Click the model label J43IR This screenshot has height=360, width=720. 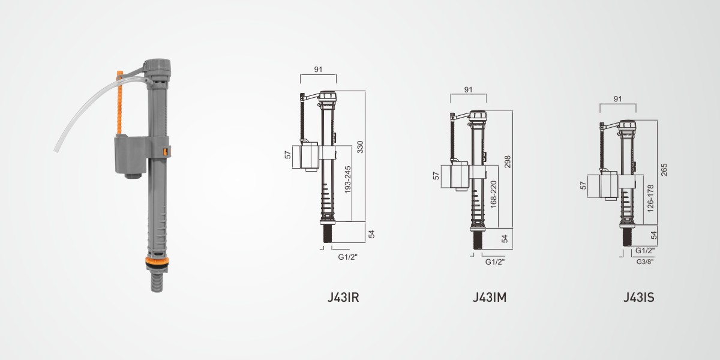point(343,298)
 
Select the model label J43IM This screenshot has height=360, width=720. point(490,298)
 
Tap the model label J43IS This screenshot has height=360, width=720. point(638,298)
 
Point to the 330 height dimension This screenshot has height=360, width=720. point(360,147)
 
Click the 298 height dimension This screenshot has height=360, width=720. point(507,161)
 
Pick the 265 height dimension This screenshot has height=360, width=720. point(664,170)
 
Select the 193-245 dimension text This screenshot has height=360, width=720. point(347,179)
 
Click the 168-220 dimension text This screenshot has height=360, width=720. point(493,194)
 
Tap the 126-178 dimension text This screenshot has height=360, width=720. point(650,199)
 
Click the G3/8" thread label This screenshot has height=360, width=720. point(645,262)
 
